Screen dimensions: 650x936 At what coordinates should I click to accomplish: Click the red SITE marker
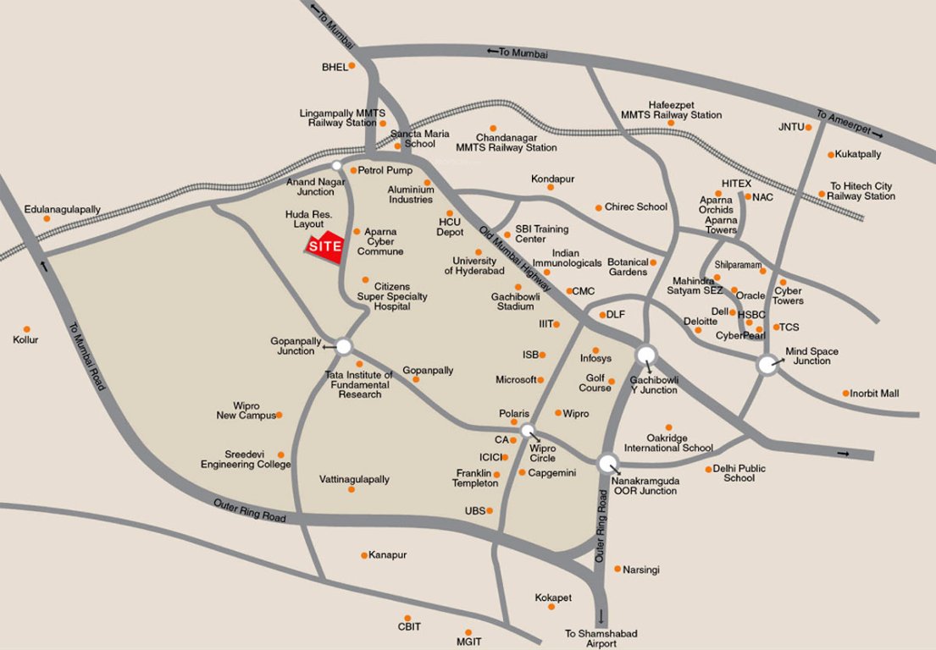click(325, 247)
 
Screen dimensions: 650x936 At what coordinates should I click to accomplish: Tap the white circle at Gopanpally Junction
click(343, 346)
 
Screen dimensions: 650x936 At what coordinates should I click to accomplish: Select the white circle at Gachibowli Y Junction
click(646, 355)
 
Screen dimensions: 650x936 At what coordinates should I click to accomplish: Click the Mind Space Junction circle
click(767, 365)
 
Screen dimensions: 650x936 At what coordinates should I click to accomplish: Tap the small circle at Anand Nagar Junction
click(337, 166)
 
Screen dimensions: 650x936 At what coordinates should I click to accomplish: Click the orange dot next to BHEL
click(352, 65)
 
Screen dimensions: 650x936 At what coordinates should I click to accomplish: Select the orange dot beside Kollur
click(27, 329)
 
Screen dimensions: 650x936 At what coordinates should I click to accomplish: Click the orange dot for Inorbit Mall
click(845, 394)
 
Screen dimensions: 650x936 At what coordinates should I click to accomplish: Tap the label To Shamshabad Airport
click(601, 638)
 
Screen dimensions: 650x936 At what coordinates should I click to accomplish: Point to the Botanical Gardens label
click(628, 267)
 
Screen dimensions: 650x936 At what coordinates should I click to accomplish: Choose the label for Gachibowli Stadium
click(512, 301)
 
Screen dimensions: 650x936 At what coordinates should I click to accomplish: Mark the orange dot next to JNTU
click(809, 128)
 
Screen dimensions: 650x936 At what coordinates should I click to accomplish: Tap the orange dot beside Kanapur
click(363, 555)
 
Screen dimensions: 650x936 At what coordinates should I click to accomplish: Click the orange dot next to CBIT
click(407, 618)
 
